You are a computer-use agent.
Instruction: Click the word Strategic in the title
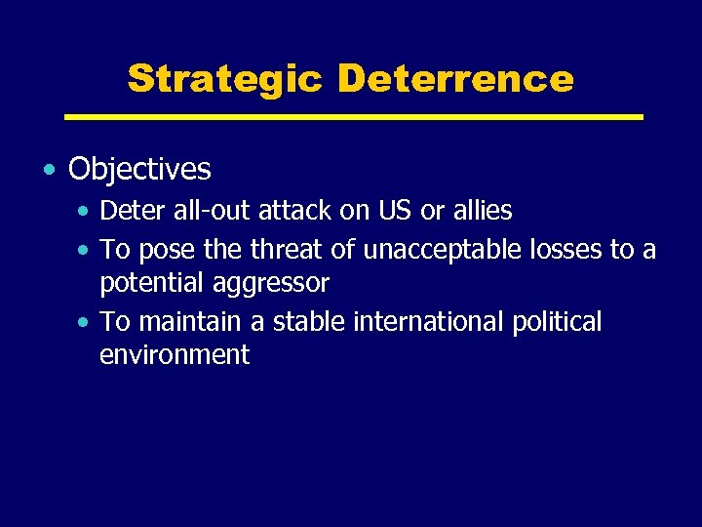224,78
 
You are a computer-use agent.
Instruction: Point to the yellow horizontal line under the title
353,117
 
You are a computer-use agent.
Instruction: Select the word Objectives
139,170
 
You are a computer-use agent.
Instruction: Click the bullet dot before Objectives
49,171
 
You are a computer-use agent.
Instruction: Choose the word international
426,322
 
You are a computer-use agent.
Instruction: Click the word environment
175,355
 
